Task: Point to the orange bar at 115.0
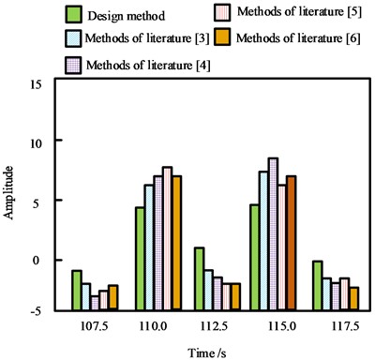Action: (291, 242)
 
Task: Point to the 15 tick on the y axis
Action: (37, 82)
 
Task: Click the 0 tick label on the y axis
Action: (39, 259)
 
